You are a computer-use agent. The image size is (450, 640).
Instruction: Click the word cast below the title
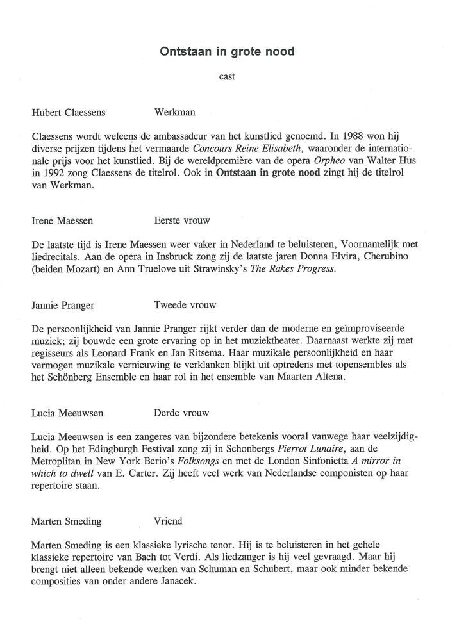227,76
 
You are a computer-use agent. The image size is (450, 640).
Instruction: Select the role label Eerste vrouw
182,220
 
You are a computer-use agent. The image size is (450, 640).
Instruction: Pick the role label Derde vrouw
181,413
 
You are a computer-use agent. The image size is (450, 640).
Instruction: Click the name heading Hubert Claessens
69,112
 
